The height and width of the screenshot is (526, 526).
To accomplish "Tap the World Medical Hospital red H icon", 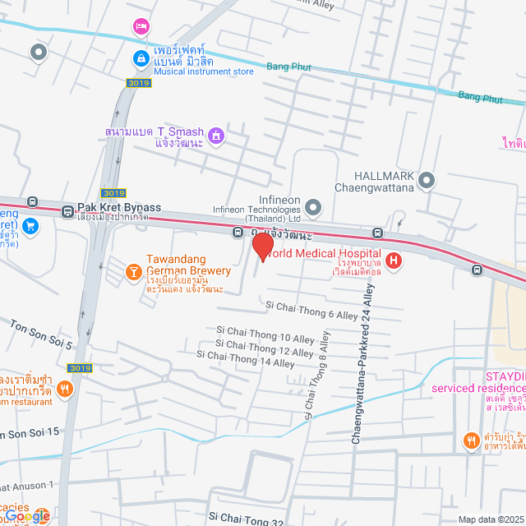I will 394,262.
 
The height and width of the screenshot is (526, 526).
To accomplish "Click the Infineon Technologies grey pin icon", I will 313,206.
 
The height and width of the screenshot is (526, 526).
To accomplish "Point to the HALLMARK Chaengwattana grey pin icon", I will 426,180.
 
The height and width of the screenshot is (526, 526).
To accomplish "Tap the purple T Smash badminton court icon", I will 215,134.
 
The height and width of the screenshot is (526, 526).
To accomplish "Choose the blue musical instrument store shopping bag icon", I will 141,59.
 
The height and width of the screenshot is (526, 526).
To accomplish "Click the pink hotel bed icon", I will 141,27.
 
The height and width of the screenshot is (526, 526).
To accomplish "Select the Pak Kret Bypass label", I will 119,206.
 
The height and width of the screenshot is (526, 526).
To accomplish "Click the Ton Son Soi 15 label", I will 30,432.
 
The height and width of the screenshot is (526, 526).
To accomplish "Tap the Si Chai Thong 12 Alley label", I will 265,348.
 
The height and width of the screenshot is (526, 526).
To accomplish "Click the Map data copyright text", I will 491,519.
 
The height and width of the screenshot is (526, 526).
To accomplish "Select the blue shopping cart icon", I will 30,226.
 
